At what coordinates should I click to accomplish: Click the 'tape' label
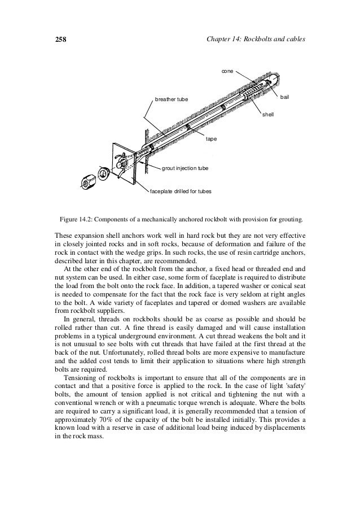tap(212, 138)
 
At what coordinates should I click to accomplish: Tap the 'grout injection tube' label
tap(185, 168)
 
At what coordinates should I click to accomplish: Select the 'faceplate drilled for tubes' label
tap(181, 191)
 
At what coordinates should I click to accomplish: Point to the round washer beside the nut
tap(104, 172)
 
